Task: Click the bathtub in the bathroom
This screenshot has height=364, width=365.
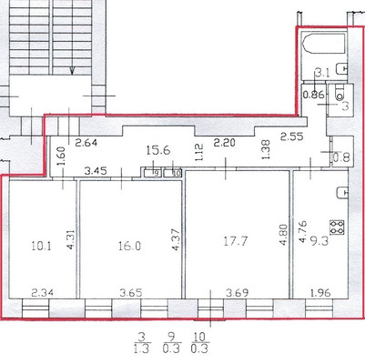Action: (x=322, y=45)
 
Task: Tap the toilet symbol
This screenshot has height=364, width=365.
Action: (x=339, y=91)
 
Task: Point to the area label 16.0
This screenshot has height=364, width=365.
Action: (x=128, y=245)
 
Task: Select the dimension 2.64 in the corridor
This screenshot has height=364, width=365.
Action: (x=86, y=142)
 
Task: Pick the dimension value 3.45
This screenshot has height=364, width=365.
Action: (x=97, y=170)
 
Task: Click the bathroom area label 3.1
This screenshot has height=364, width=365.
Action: (x=320, y=73)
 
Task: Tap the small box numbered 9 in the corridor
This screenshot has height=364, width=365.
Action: (x=156, y=171)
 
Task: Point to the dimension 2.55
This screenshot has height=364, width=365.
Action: (x=291, y=136)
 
